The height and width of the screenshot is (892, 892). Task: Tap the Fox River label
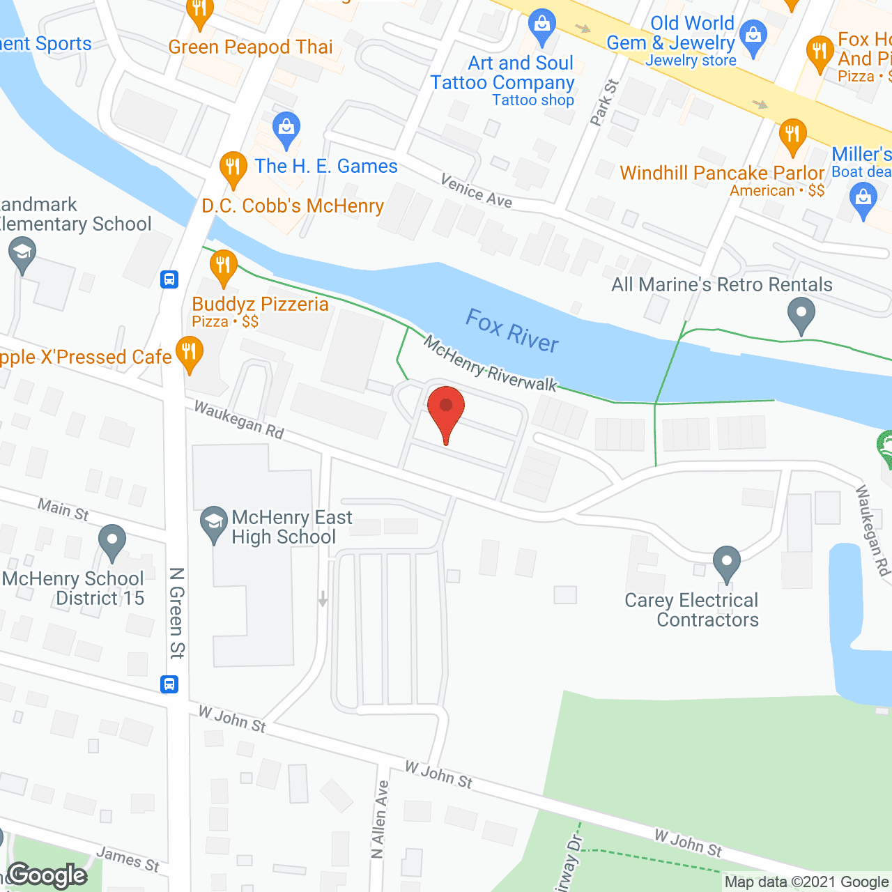tap(512, 331)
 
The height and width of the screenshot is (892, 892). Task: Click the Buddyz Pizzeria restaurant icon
tap(223, 267)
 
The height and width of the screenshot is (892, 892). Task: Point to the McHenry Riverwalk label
tap(491, 364)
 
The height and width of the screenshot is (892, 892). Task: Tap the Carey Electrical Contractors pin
tap(726, 562)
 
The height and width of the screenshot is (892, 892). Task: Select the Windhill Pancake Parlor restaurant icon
tap(792, 135)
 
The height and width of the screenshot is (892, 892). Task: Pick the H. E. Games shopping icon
tap(286, 129)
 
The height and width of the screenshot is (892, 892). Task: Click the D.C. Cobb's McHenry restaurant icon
tap(233, 169)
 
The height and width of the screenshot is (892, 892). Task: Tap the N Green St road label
tap(177, 613)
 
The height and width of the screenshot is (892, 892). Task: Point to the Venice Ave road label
tap(477, 190)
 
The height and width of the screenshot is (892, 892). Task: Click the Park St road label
tap(603, 102)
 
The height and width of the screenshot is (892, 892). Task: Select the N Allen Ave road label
tap(379, 819)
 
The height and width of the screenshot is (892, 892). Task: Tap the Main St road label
tap(63, 509)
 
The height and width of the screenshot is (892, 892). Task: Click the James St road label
tap(128, 859)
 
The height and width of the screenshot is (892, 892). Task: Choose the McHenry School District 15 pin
tap(111, 541)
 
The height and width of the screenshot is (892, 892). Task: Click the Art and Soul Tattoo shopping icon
tap(541, 26)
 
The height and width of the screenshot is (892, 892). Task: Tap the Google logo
tap(47, 875)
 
